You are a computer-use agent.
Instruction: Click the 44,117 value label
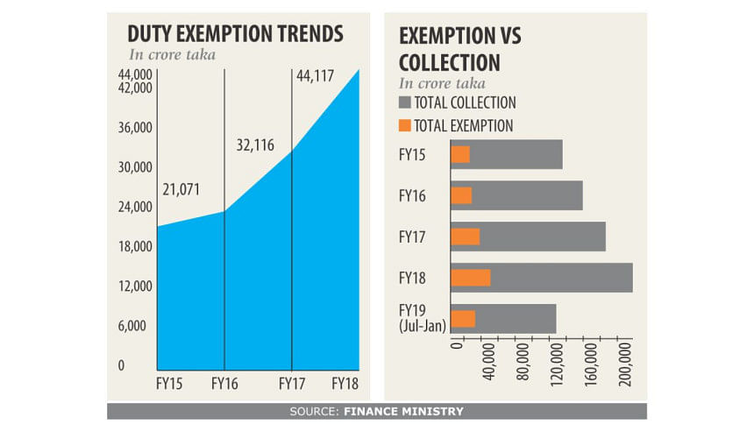[x=316, y=75]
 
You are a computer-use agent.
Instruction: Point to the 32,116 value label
[x=256, y=145]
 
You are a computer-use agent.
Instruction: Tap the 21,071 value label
[x=181, y=189]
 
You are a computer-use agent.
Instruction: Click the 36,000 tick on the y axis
[x=136, y=128]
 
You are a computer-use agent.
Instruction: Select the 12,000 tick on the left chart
[x=136, y=286]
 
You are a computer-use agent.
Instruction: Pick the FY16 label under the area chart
[x=226, y=383]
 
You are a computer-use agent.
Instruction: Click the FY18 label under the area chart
[x=347, y=383]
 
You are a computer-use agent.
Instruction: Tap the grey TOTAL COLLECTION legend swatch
[x=405, y=103]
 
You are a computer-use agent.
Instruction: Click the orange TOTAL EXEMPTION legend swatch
[x=405, y=126]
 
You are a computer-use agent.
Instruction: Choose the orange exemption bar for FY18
[x=471, y=278]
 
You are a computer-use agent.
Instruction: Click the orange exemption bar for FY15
[x=460, y=155]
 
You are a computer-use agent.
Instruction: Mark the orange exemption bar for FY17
[x=466, y=237]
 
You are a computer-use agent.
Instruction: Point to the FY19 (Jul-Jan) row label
[x=422, y=317]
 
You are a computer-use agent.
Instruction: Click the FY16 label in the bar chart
[x=411, y=195]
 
